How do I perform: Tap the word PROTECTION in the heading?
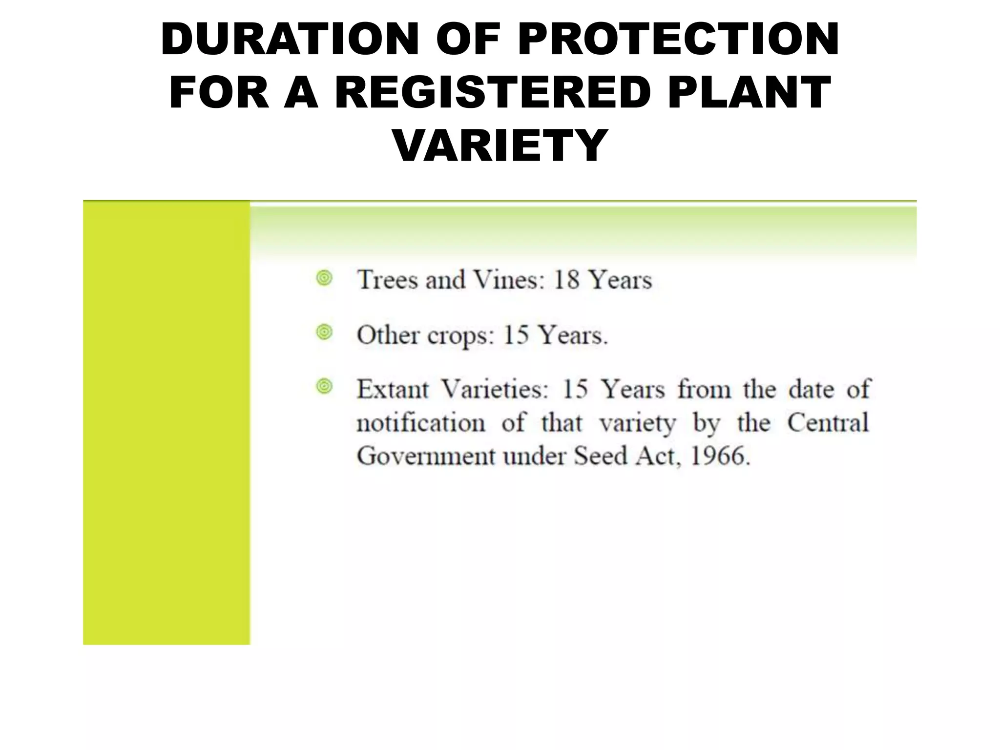pos(678,40)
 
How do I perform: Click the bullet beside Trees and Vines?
pos(324,278)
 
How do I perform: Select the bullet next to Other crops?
pos(324,333)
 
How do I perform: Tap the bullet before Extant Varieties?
pos(324,387)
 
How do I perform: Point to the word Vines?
pos(509,280)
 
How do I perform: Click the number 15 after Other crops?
pos(516,335)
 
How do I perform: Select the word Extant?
pos(393,390)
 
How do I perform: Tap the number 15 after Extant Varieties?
pos(575,390)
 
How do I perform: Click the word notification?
pos(421,423)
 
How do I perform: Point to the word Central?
pos(828,423)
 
